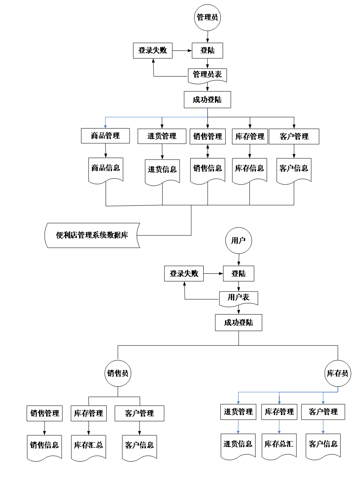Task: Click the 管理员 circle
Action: [x=207, y=17]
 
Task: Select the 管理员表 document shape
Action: [x=207, y=75]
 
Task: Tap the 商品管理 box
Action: [x=105, y=136]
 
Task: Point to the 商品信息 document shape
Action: [x=106, y=169]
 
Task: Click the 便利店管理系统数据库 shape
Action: [x=92, y=235]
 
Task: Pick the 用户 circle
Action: [x=238, y=241]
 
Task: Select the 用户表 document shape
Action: [x=238, y=298]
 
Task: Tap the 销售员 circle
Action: [x=118, y=374]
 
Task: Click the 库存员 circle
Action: [x=337, y=374]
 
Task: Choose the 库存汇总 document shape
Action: [x=88, y=446]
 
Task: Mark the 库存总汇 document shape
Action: [x=279, y=445]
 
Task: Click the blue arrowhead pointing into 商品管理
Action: [x=105, y=126]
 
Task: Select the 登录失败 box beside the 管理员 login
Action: [x=152, y=50]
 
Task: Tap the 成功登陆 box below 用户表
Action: [x=238, y=323]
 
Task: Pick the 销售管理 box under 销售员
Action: [x=45, y=414]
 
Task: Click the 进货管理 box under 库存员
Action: [x=238, y=412]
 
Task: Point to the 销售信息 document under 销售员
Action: [x=45, y=446]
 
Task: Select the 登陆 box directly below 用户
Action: [x=238, y=274]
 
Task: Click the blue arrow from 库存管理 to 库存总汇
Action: [x=279, y=427]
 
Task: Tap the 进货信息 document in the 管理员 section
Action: [x=162, y=170]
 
